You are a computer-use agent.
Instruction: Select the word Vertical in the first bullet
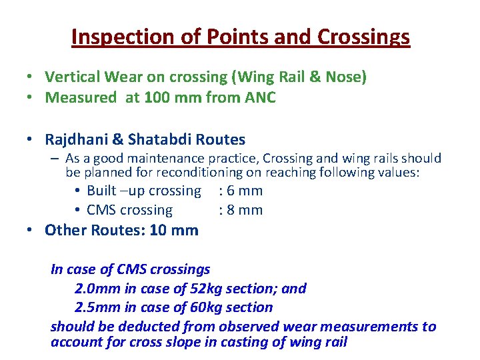(x=72, y=78)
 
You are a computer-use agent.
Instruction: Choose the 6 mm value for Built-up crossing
(x=244, y=191)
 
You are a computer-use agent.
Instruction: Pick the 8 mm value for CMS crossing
(x=244, y=211)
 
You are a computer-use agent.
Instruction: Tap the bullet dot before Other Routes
(x=30, y=231)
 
